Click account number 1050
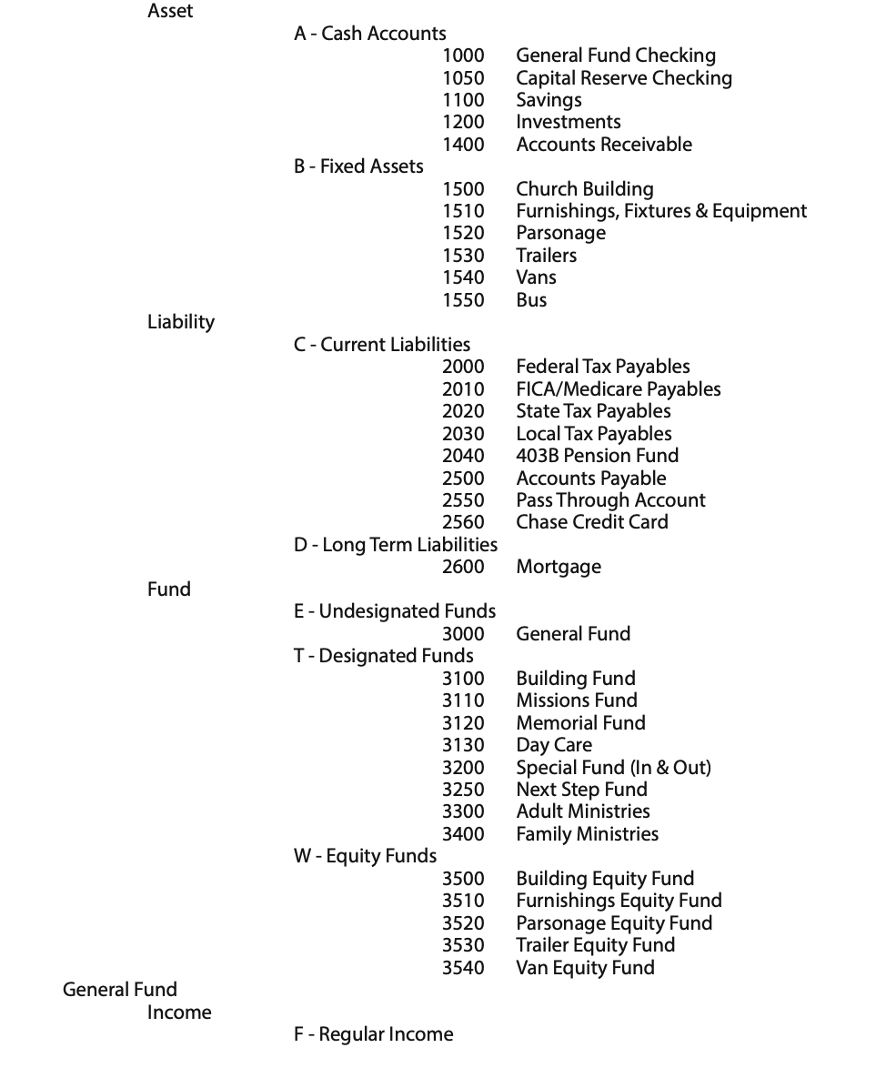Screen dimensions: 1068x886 (463, 78)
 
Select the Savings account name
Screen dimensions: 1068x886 (549, 100)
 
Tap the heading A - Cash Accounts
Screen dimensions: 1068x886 (370, 34)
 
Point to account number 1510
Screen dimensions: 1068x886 (463, 211)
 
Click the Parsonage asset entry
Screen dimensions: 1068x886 (560, 233)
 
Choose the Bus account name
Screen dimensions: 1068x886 (531, 299)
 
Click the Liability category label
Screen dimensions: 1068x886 (181, 322)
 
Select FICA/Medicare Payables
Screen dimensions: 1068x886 (618, 389)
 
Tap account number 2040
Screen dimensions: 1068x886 (463, 456)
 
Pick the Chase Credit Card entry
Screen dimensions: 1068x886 (591, 522)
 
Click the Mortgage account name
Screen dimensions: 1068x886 (559, 567)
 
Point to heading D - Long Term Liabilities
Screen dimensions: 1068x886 (396, 545)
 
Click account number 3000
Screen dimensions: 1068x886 (463, 634)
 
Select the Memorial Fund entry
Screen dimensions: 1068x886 (580, 723)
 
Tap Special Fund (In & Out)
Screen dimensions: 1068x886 (613, 768)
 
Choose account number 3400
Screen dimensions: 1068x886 (463, 834)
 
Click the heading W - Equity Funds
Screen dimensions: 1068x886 (365, 856)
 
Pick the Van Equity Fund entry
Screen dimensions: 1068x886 (585, 968)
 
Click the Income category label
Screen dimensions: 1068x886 (179, 1013)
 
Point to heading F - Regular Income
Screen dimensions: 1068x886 (373, 1034)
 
